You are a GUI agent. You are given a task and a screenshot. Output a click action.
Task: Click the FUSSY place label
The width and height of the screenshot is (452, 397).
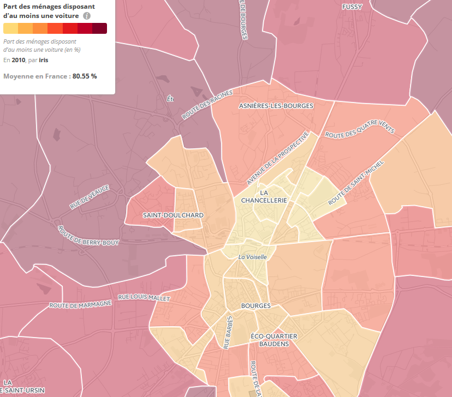point(352,7)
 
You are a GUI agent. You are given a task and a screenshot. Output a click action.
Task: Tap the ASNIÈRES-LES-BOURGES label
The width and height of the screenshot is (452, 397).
point(276,106)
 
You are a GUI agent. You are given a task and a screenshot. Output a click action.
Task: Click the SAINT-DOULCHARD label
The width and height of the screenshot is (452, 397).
point(173,215)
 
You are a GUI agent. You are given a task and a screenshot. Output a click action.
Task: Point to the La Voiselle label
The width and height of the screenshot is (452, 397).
point(252,257)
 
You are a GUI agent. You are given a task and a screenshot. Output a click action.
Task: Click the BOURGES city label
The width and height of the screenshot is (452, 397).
point(255,306)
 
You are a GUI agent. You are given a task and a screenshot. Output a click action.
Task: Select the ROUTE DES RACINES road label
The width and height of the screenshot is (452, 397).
point(207,105)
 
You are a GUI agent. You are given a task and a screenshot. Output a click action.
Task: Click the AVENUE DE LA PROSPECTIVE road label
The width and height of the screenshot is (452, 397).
point(278,158)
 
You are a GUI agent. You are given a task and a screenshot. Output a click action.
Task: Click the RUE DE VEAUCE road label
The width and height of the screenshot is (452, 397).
point(90,197)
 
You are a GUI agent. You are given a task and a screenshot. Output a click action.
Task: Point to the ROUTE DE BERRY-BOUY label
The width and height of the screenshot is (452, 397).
point(87,236)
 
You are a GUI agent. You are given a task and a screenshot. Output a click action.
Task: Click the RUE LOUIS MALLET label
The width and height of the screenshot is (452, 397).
point(144,298)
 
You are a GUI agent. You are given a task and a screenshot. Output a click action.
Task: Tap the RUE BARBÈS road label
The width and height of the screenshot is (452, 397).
point(228,332)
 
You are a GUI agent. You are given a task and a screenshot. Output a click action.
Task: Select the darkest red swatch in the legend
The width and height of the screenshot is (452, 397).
point(99,29)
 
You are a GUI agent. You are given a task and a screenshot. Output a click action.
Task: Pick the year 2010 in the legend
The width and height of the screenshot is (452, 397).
point(19,59)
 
